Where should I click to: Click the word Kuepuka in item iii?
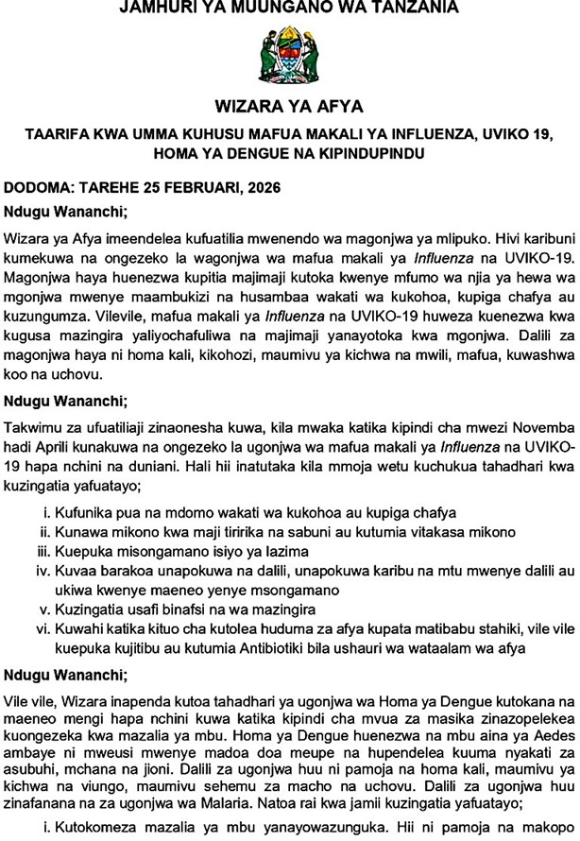tap(89, 551)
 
